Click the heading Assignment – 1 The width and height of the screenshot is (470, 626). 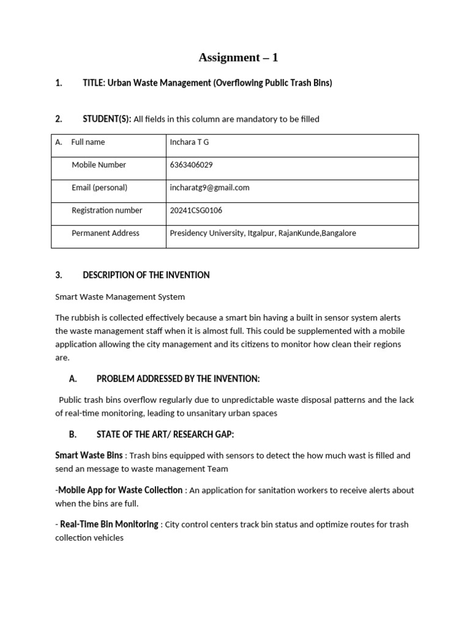(x=238, y=57)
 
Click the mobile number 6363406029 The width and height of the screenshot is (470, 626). (x=191, y=165)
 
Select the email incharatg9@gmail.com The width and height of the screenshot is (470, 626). (x=209, y=188)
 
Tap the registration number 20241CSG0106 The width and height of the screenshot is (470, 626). (x=196, y=210)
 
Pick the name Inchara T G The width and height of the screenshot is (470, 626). (x=190, y=142)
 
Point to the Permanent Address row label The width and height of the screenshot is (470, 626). (x=105, y=233)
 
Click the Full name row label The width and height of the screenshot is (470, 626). (x=88, y=142)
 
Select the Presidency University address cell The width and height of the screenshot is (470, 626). (x=263, y=233)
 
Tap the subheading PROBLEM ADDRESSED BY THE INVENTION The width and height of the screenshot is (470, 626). (x=177, y=379)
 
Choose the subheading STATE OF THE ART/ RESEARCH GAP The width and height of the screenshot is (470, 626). (x=165, y=435)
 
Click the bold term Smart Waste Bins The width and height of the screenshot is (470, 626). (x=89, y=455)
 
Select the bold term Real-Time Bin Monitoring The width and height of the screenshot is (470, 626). (x=110, y=524)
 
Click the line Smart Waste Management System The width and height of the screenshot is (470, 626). (x=120, y=297)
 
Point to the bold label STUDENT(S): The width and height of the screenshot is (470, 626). (x=107, y=119)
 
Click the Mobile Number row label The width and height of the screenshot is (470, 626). (x=99, y=165)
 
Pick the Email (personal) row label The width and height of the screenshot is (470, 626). (x=99, y=188)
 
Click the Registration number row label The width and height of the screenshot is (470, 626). (x=106, y=210)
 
